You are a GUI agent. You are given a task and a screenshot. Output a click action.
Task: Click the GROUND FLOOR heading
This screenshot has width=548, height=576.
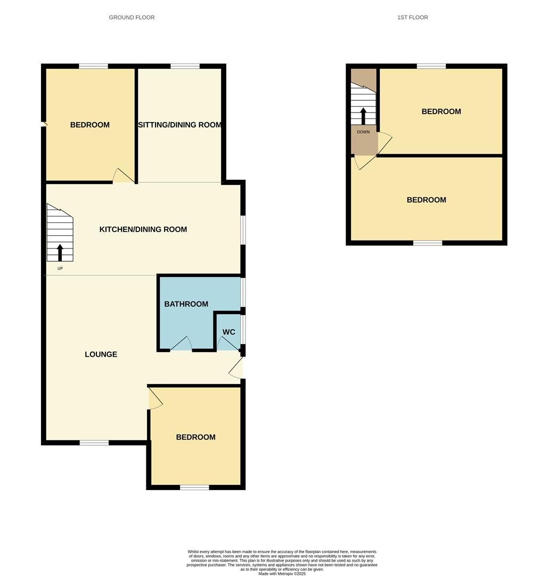[x=132, y=18]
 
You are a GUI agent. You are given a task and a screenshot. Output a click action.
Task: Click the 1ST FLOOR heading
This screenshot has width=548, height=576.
[x=412, y=18]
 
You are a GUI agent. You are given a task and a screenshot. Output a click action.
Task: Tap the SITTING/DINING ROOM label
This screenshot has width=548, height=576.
[x=179, y=125]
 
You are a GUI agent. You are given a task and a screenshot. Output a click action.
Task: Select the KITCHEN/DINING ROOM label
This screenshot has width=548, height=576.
[x=143, y=229]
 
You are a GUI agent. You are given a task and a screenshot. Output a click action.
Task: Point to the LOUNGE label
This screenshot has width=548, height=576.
[x=101, y=354]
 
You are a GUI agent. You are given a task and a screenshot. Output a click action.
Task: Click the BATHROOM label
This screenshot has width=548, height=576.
[x=186, y=304]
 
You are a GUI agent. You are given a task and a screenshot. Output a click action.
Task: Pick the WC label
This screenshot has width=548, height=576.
[x=228, y=332]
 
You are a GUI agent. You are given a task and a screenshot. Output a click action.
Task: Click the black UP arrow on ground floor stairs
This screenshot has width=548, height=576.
[x=60, y=252]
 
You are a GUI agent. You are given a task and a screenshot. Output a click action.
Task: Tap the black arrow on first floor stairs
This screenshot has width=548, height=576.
[x=363, y=116]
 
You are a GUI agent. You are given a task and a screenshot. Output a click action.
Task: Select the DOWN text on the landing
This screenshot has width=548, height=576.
[x=363, y=132]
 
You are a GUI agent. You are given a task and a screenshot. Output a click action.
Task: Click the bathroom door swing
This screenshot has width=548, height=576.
[x=181, y=344]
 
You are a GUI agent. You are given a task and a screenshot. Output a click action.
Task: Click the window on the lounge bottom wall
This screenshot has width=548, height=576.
[x=94, y=442]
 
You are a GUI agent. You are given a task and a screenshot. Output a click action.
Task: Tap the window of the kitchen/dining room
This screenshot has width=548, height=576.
[x=243, y=230]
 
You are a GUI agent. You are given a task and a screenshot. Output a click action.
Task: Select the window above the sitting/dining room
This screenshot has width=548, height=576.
[x=185, y=66]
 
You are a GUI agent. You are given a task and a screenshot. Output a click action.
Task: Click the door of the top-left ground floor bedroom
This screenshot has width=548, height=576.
[x=123, y=176]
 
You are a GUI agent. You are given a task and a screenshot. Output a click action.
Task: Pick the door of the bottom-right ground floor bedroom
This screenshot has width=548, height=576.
[x=154, y=398]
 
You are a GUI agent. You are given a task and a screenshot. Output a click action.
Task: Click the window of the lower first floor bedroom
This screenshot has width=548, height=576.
[x=428, y=243]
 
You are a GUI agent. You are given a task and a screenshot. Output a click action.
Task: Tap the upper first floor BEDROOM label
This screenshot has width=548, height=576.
[x=441, y=111]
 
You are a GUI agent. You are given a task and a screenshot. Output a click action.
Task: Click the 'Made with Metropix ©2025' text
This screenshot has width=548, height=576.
[x=282, y=573]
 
